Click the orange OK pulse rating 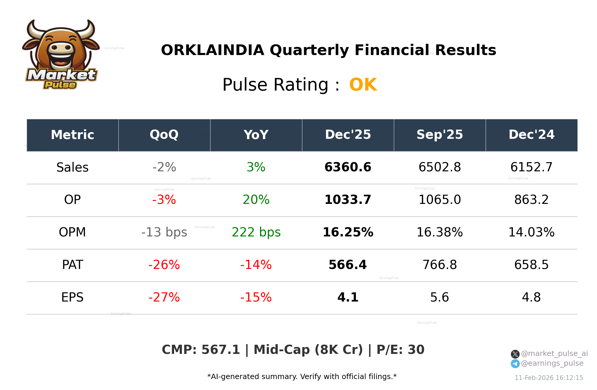pos(363,85)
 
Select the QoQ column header pos(164,135)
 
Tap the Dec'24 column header pos(531,135)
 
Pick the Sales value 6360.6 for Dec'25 pos(348,167)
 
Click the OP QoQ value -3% pos(164,200)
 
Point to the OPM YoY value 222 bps pos(256,232)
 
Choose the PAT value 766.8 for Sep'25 pos(439,265)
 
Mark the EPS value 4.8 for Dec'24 pos(531,297)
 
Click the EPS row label pos(72,297)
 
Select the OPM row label pos(72,232)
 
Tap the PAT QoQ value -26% pos(164,265)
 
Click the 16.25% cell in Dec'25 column pos(348,232)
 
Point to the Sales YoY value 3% pos(256,167)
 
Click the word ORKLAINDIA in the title pos(212,50)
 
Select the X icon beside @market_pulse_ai pos(515,354)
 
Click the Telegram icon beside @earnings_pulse pos(515,364)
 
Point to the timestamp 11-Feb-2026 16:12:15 pos(548,378)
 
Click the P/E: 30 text pos(400,350)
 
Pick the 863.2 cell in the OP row pos(531,200)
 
